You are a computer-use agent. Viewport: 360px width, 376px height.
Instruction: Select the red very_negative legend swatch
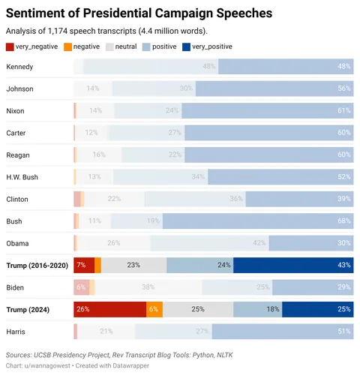click(10, 47)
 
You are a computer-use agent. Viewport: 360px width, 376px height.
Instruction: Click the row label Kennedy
click(19, 67)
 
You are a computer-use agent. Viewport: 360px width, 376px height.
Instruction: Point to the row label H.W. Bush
click(22, 177)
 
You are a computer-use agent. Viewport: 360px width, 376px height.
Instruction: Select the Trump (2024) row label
click(29, 308)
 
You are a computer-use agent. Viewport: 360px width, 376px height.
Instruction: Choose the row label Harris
click(17, 331)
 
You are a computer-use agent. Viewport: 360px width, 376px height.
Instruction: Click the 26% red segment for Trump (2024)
click(109, 308)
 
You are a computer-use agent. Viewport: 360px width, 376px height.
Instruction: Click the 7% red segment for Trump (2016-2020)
click(84, 265)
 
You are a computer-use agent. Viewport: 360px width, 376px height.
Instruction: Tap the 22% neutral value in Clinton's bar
click(114, 199)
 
